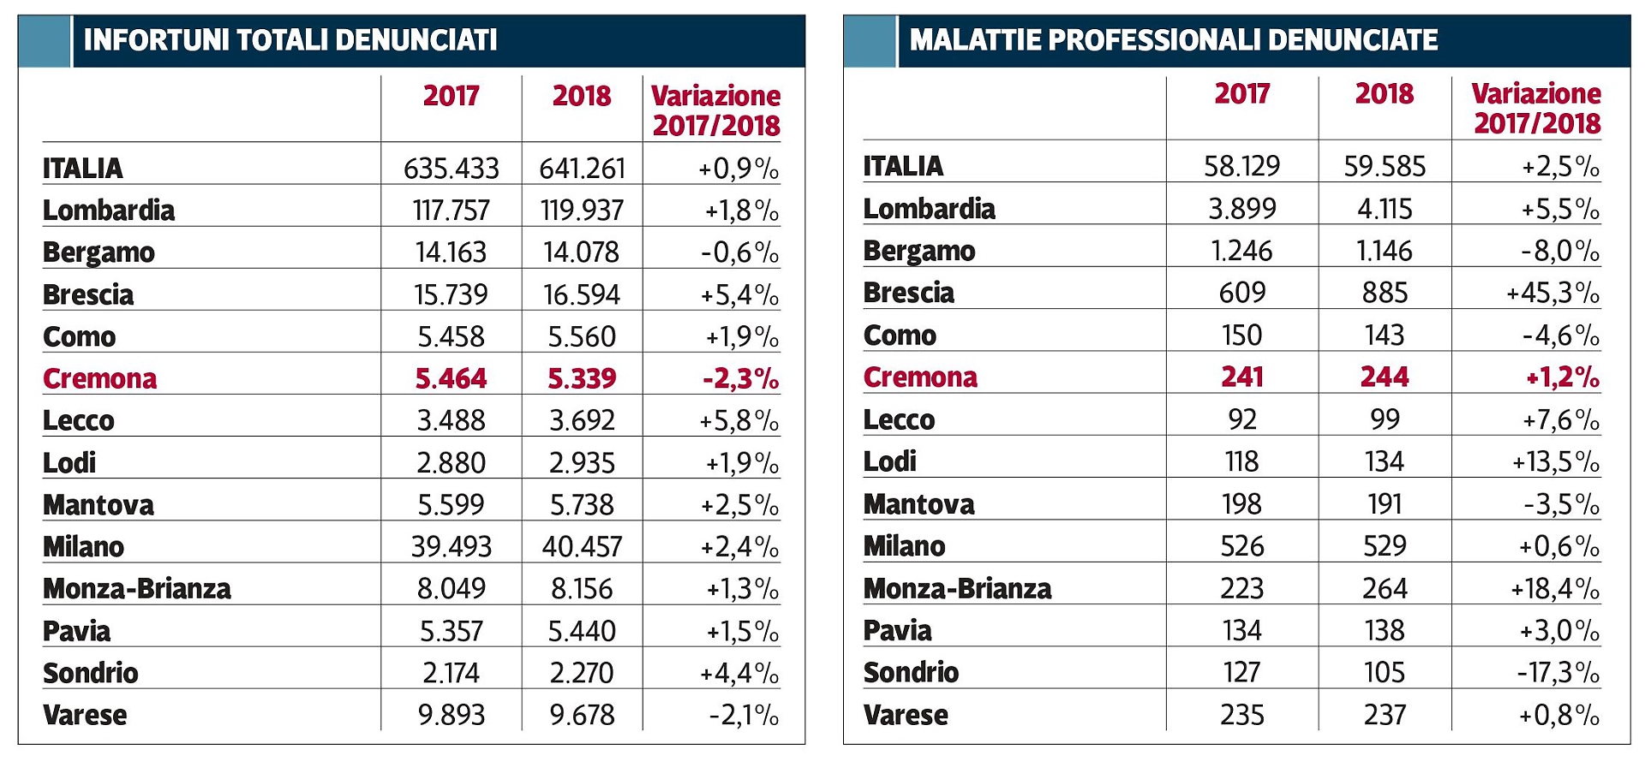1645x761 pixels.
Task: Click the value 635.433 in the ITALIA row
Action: tap(451, 168)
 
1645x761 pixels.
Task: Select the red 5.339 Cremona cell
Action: tap(582, 378)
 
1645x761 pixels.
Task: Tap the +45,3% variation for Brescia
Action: tap(1552, 293)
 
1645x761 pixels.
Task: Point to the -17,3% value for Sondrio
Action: tap(1558, 673)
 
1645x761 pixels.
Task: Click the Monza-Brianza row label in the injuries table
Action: tap(137, 589)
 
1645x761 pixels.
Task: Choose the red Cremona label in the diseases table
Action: tap(920, 378)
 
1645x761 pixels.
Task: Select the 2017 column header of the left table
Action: tap(451, 96)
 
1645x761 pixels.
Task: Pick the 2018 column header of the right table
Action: tap(1384, 93)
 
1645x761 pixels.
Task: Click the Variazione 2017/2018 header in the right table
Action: tap(1536, 108)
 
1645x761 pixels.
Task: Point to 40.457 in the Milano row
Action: tap(582, 547)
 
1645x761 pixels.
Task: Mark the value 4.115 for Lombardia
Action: tap(1385, 209)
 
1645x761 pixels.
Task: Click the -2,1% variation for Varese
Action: tap(744, 715)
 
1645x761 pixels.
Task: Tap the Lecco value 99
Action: tap(1385, 419)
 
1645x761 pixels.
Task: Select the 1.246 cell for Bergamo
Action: tap(1241, 251)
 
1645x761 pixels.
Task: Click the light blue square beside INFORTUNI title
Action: tap(44, 40)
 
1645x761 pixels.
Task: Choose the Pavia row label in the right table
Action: tap(897, 631)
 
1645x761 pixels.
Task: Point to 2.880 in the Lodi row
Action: tap(451, 463)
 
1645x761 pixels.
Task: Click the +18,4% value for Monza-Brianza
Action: tap(1557, 589)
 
